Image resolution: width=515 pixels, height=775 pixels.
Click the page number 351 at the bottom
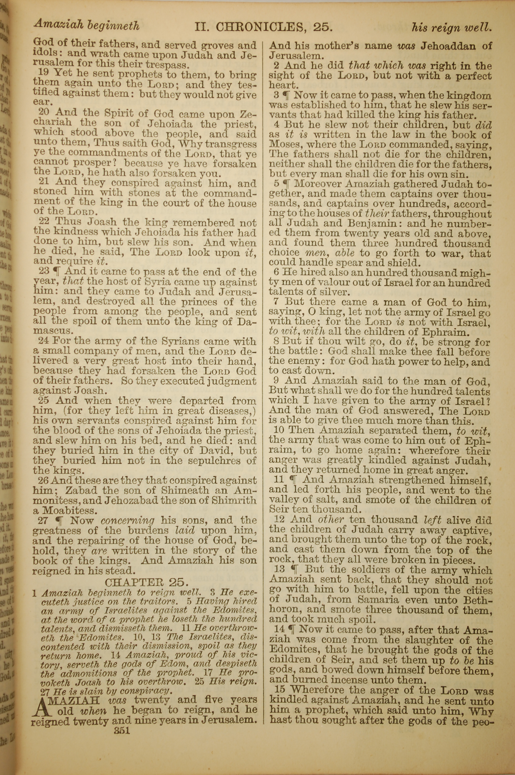122,730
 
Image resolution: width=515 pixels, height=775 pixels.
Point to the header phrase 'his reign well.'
452,28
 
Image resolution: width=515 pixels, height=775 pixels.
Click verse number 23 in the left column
43,271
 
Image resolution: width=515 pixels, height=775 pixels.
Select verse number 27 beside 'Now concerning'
43,520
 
